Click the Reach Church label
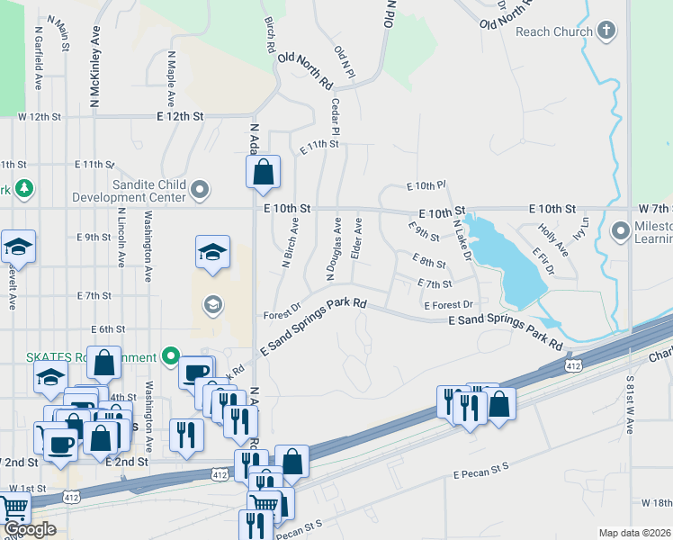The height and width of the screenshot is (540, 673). click(x=554, y=31)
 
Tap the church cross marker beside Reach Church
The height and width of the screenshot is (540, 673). click(x=606, y=31)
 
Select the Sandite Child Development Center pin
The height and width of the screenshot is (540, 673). click(x=200, y=190)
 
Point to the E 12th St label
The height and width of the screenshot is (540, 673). click(x=180, y=117)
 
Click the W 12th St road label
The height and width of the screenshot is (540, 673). click(x=39, y=117)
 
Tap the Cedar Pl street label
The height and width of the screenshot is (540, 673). click(x=335, y=117)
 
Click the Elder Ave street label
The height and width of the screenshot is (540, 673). click(x=357, y=239)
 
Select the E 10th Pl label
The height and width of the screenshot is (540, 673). click(x=426, y=185)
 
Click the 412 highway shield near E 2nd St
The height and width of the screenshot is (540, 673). click(x=219, y=472)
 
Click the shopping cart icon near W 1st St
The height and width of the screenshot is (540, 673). click(x=13, y=508)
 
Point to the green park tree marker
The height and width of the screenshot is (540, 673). click(x=24, y=188)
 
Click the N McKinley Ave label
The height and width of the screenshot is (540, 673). click(x=94, y=63)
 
